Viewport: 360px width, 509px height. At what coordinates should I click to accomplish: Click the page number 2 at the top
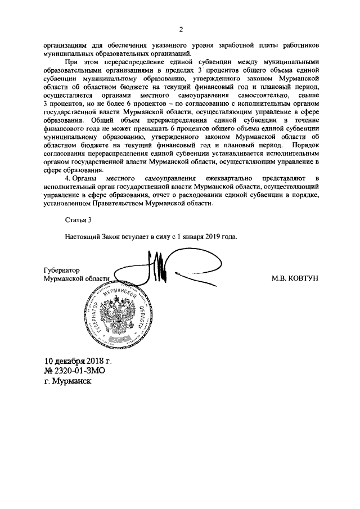181,30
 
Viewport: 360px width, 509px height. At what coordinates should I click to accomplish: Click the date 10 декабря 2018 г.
78,361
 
